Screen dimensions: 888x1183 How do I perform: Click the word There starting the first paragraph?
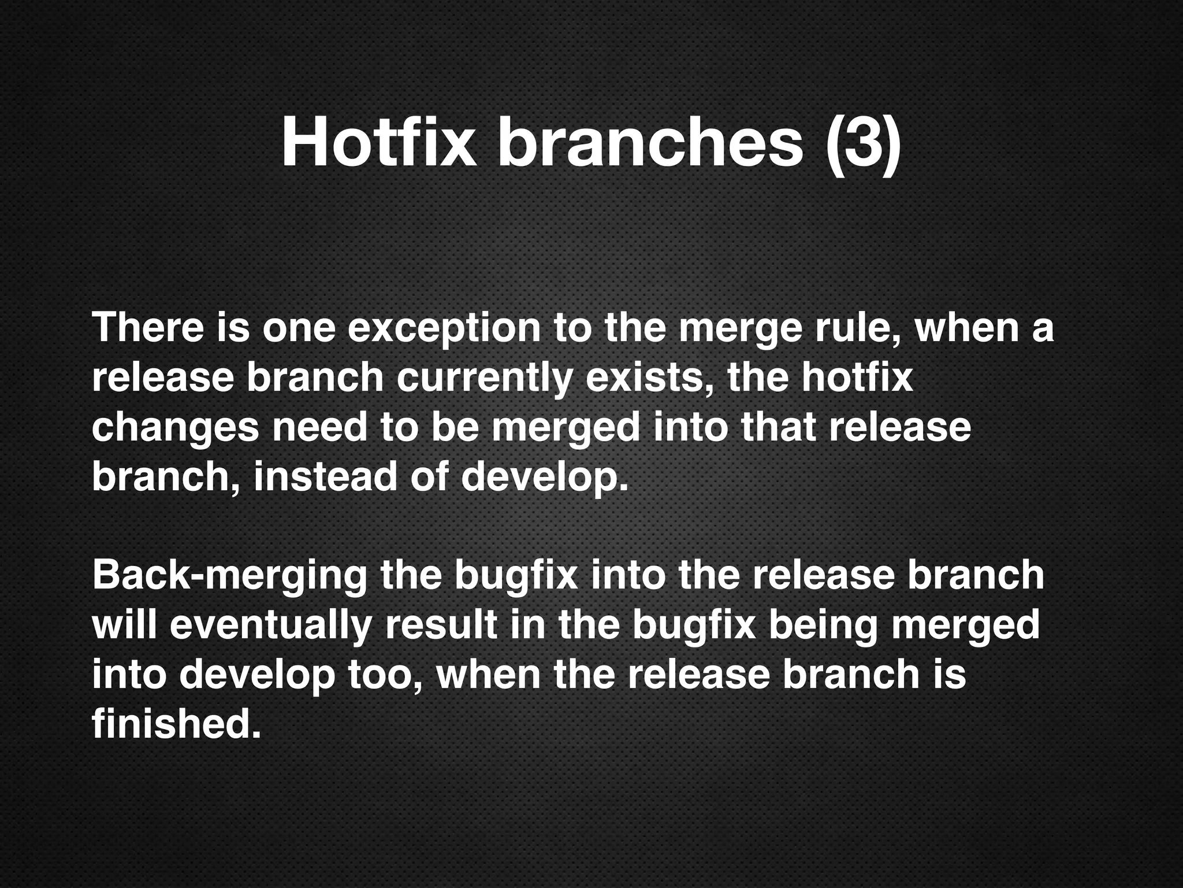coord(148,328)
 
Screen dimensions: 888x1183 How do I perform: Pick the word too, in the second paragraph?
coord(386,675)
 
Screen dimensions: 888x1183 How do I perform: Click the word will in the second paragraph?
coord(124,626)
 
